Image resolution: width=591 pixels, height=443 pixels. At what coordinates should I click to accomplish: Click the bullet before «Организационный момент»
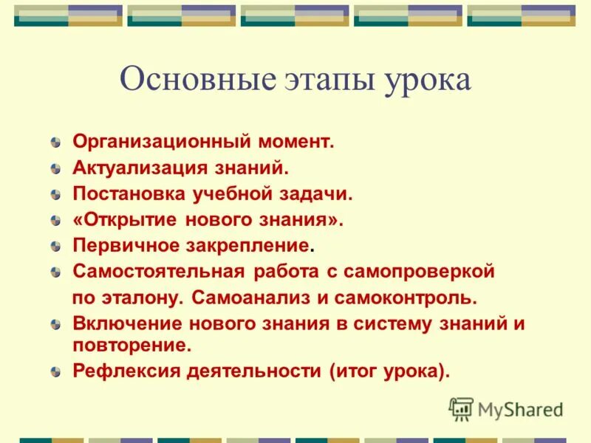[x=56, y=142]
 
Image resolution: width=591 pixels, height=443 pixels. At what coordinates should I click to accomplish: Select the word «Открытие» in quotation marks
[x=127, y=219]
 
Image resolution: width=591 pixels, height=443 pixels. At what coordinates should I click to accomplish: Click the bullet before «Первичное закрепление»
[x=56, y=247]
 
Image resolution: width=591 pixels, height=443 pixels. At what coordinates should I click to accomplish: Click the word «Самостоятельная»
[x=158, y=271]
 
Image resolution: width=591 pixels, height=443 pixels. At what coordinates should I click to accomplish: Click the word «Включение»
[x=125, y=323]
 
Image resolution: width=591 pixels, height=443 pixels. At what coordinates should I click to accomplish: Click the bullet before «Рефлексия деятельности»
[x=56, y=372]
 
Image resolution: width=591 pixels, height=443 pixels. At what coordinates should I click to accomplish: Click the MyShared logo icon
[x=461, y=408]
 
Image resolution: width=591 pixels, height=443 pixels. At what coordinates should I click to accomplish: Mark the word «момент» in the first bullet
[x=296, y=141]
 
